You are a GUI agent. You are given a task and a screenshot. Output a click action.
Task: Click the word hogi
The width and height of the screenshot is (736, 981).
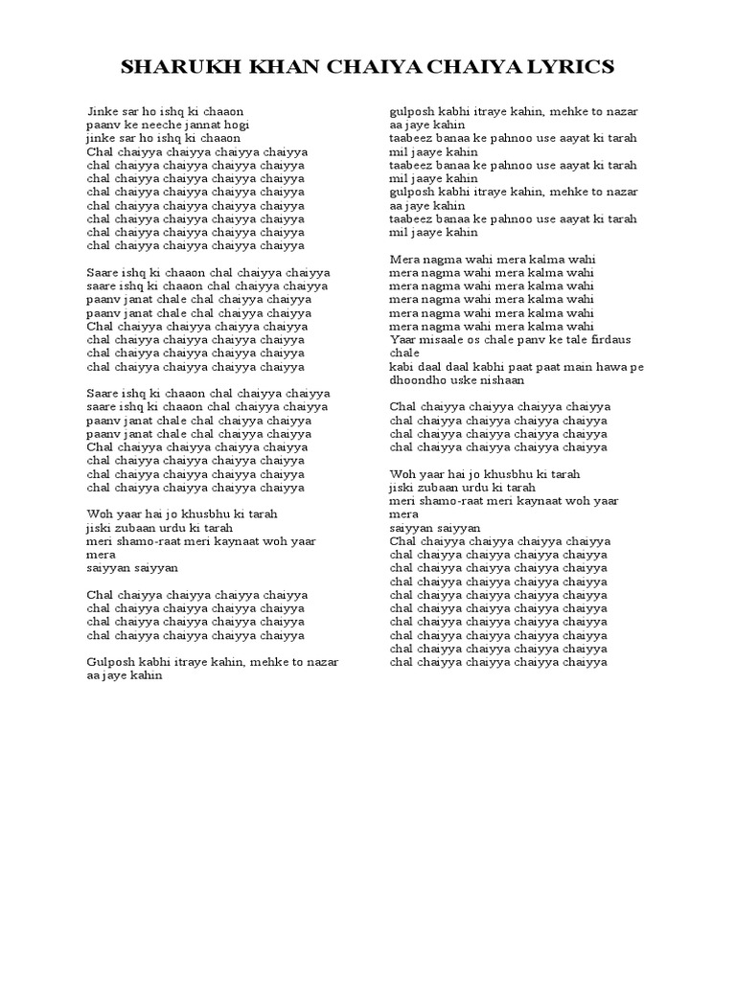coord(236,125)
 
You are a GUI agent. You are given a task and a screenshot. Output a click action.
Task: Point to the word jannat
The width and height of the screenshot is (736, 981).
coord(195,125)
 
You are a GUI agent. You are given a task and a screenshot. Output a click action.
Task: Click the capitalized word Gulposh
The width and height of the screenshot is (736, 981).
coord(110,661)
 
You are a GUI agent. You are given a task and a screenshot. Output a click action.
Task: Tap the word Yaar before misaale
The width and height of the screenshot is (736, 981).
coord(403,339)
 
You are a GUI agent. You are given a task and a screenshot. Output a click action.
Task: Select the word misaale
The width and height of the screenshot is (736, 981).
coord(447,339)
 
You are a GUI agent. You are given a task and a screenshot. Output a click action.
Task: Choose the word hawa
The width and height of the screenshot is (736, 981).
coord(616,366)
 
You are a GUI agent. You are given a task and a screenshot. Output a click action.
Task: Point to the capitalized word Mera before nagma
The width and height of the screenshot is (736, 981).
coord(404,259)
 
